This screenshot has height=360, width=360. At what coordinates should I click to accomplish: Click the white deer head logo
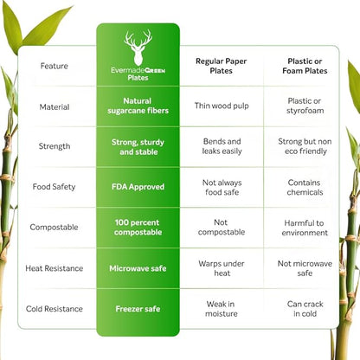138,48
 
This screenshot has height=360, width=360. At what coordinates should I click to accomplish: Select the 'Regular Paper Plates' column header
222,66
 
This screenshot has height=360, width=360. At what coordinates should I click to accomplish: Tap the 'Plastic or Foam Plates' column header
305,66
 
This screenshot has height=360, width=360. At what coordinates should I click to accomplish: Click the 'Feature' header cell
55,66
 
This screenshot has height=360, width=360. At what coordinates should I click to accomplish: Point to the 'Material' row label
55,107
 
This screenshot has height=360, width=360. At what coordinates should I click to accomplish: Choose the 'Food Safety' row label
54,187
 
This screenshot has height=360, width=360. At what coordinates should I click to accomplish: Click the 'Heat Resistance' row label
55,268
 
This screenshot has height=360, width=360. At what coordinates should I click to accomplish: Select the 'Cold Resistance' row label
55,309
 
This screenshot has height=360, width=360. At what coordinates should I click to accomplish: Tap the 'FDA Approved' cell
138,187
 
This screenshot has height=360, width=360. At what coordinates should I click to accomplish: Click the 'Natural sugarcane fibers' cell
138,106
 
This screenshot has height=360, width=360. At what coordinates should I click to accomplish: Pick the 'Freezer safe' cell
138,309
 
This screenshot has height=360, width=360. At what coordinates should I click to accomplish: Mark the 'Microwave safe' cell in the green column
138,268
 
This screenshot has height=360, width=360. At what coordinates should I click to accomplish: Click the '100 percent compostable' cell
138,228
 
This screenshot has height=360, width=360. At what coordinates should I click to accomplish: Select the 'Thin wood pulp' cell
222,106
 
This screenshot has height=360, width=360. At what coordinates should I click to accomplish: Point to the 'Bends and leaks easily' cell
222,146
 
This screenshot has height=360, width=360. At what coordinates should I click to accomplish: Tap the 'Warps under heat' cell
222,268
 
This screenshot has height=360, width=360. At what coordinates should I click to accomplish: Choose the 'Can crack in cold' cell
305,309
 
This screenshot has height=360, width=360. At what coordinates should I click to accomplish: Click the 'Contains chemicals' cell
305,188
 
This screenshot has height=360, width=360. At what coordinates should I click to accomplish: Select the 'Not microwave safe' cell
305,268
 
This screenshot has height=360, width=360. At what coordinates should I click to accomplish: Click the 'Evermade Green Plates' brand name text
138,74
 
